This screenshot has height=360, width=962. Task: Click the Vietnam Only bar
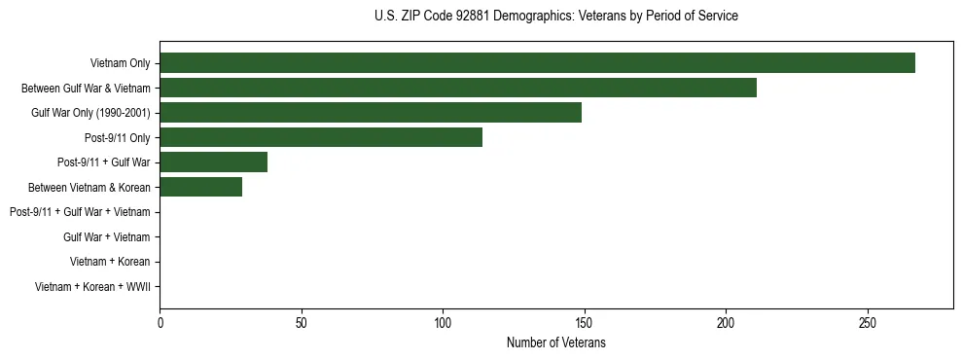537,62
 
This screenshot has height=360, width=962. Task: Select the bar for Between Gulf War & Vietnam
457,88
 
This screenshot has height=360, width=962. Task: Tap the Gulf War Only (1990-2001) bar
370,113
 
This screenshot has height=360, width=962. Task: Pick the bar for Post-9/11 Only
321,137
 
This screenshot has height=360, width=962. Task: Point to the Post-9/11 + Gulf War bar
213,162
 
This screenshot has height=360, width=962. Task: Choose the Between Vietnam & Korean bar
200,187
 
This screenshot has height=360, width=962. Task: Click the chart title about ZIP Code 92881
555,17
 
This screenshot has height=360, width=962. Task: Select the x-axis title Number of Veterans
555,342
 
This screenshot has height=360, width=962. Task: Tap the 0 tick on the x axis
160,323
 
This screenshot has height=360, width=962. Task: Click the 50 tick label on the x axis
302,323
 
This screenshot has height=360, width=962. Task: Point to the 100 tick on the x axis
443,323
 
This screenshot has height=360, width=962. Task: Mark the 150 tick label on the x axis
585,323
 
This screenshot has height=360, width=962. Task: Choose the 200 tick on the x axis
726,323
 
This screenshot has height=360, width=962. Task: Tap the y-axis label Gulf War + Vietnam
106,237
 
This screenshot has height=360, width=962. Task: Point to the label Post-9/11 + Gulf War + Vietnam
80,212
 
